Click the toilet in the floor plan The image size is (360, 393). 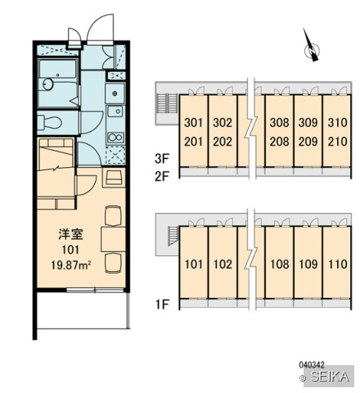tap(49, 122)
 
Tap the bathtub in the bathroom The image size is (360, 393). tap(57, 69)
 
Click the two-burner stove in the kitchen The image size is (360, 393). tap(115, 138)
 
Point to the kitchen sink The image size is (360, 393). tap(115, 111)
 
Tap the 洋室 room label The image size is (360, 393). tap(70, 234)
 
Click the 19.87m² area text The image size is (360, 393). tap(70, 265)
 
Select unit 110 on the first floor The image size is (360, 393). tap(337, 264)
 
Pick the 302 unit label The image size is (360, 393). tap(223, 123)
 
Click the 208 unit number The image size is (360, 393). tap(279, 142)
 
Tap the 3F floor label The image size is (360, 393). tap(162, 159)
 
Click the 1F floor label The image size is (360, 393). tap(162, 305)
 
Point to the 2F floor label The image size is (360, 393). tap(162, 176)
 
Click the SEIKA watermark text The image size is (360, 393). tap(330, 377)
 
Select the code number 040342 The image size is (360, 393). tap(312, 364)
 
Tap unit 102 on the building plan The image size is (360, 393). tap(223, 264)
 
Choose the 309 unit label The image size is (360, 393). tap(308, 123)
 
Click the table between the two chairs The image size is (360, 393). tap(113, 239)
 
